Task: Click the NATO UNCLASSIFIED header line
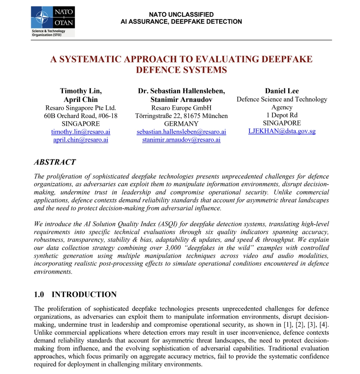click(x=181, y=14)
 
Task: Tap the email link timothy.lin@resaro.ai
click(x=81, y=132)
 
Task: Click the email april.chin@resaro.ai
click(x=81, y=140)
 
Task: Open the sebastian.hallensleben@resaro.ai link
click(x=181, y=132)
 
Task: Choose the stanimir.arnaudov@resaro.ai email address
click(x=181, y=140)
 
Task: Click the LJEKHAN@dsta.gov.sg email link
click(x=282, y=131)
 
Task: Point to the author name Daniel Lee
click(x=282, y=91)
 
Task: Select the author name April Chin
click(x=81, y=99)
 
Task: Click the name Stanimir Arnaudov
click(x=181, y=99)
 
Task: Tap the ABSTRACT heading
click(x=55, y=162)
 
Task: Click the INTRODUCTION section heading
click(x=84, y=295)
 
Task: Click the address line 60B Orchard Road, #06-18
click(x=81, y=116)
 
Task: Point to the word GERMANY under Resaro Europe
click(x=181, y=124)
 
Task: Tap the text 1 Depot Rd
click(x=282, y=115)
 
